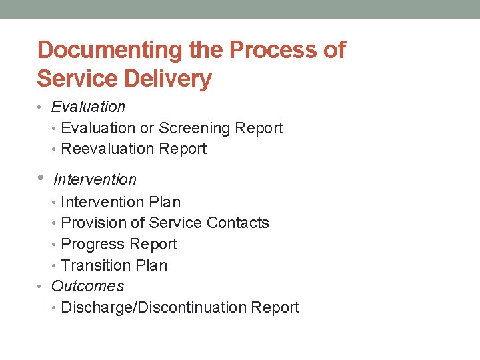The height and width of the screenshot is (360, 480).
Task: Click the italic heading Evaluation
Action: [88, 107]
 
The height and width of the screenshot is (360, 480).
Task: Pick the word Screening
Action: [198, 128]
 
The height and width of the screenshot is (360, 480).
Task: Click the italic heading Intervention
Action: [95, 179]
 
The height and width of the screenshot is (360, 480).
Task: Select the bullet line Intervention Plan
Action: [121, 202]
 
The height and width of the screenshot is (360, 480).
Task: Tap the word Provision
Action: [92, 223]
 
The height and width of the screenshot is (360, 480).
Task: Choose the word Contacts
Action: [238, 223]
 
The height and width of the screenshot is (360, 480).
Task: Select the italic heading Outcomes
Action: [87, 286]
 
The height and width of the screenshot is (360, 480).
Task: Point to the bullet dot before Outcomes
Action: [41, 287]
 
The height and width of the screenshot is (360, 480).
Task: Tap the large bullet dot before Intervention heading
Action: [41, 179]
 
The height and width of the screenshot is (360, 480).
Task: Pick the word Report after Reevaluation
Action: [185, 149]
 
